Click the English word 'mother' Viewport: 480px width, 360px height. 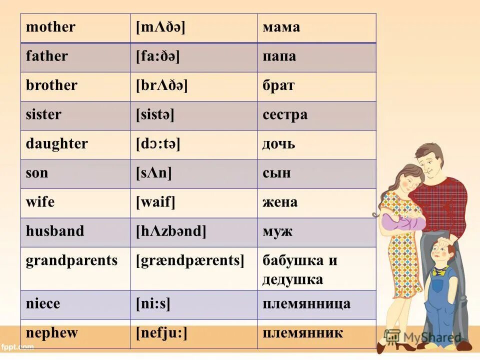50,27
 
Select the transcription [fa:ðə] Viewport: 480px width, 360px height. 157,56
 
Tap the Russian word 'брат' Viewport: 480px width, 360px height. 278,85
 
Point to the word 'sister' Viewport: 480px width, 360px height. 43,114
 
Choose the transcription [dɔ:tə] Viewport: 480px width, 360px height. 158,144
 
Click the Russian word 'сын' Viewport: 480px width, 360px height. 276,173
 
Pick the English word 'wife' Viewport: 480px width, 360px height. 40,202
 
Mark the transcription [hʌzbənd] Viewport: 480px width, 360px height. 171,231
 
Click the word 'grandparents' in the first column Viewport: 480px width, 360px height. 71,260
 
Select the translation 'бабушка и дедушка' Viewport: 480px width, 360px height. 299,270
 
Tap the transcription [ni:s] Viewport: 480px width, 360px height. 153,304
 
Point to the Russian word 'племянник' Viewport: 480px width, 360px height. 302,333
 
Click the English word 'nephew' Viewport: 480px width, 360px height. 52,333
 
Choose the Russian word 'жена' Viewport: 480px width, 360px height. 280,202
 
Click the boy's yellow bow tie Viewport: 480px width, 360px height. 440,271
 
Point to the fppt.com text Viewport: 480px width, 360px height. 17,346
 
